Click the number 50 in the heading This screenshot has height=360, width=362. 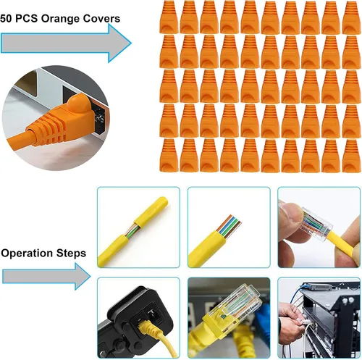[6, 19]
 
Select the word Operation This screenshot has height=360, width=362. [27, 254]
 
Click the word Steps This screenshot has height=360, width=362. [72, 254]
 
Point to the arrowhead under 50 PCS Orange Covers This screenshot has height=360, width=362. [119, 43]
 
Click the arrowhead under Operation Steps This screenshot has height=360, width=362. [83, 277]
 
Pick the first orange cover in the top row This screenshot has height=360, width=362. [169, 17]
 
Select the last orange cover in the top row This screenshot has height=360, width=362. [351, 17]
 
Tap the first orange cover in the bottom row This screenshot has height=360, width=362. [169, 156]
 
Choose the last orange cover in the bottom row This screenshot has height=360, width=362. [351, 156]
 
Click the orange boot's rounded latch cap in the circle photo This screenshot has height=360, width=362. [78, 104]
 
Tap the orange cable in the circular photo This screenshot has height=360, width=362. [18, 143]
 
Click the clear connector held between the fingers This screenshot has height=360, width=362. [316, 223]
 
